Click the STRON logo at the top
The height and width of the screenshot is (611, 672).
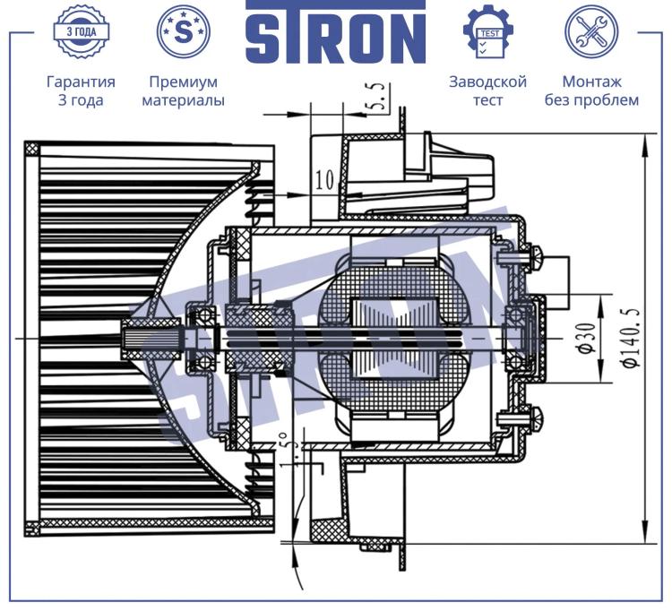pos(336,32)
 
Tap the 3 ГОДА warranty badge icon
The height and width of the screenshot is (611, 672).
pos(81,32)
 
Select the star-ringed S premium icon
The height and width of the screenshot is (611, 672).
pos(184,32)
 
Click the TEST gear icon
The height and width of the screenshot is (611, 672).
pos(488,32)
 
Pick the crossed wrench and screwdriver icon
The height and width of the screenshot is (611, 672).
pos(591,32)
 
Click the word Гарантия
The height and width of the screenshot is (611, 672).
pos(81,82)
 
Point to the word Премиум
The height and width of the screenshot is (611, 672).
pos(184,82)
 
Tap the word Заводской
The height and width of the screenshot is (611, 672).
pos(487,82)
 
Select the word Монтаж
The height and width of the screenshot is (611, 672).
pos(592,82)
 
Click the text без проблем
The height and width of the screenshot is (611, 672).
pos(592,100)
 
